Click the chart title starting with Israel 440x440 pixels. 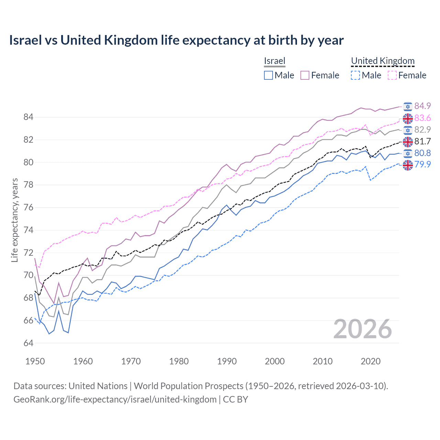[176, 40]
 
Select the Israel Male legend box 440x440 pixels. [268, 75]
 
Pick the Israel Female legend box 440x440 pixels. [305, 75]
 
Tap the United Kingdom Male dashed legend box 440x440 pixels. [355, 75]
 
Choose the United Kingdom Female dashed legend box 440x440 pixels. [392, 75]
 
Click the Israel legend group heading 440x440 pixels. [275, 61]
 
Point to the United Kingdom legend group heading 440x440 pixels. [383, 61]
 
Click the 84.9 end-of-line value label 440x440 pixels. [422, 106]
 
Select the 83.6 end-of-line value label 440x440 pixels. [422, 118]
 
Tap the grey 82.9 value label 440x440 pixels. [422, 130]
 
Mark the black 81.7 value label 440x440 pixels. [422, 141]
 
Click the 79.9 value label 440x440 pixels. [422, 164]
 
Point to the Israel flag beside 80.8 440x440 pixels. [408, 153]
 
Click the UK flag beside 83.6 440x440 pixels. [408, 118]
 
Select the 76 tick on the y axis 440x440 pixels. [28, 208]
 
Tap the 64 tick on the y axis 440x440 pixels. [28, 343]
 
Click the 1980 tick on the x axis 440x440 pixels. [179, 361]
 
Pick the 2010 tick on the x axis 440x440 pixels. [322, 361]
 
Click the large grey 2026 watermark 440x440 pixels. [362, 329]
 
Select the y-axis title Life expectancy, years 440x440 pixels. [14, 220]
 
